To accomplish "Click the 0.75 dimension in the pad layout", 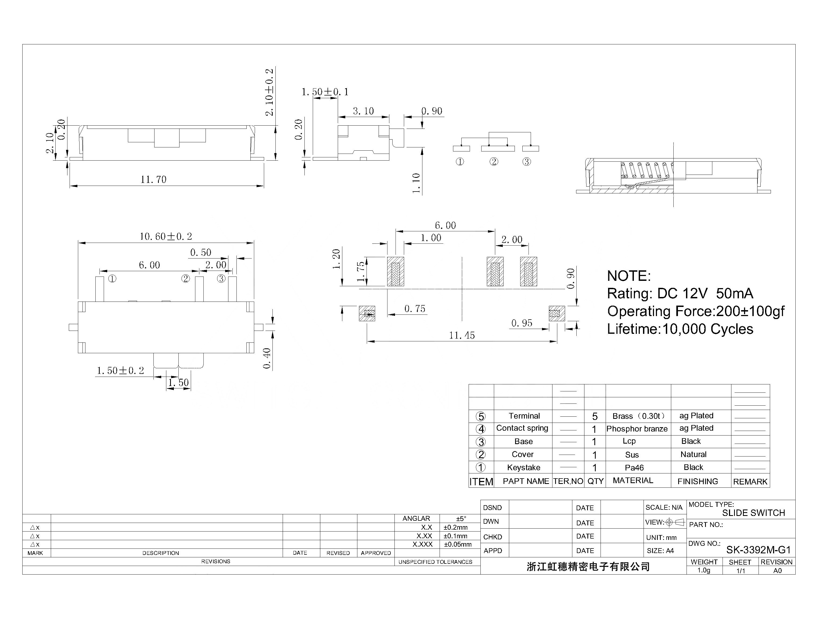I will point(415,309).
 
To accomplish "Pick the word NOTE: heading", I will point(628,276).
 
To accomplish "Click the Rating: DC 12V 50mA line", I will point(680,294).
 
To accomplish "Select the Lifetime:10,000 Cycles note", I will point(680,329).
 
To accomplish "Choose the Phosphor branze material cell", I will point(637,429).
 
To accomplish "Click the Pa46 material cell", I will point(634,468).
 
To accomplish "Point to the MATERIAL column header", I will point(633,481).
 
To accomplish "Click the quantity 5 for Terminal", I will point(595,416).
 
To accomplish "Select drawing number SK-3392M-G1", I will point(758,550).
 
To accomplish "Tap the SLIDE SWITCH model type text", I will point(753,513).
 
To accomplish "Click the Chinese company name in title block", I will point(588,567).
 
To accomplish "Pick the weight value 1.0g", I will point(703,570).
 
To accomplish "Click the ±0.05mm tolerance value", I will point(458,544).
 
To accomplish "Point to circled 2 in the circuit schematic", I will point(494,162).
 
